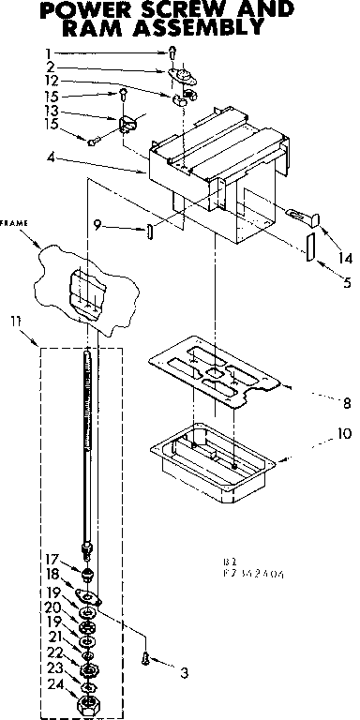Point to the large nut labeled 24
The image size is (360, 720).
88,700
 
